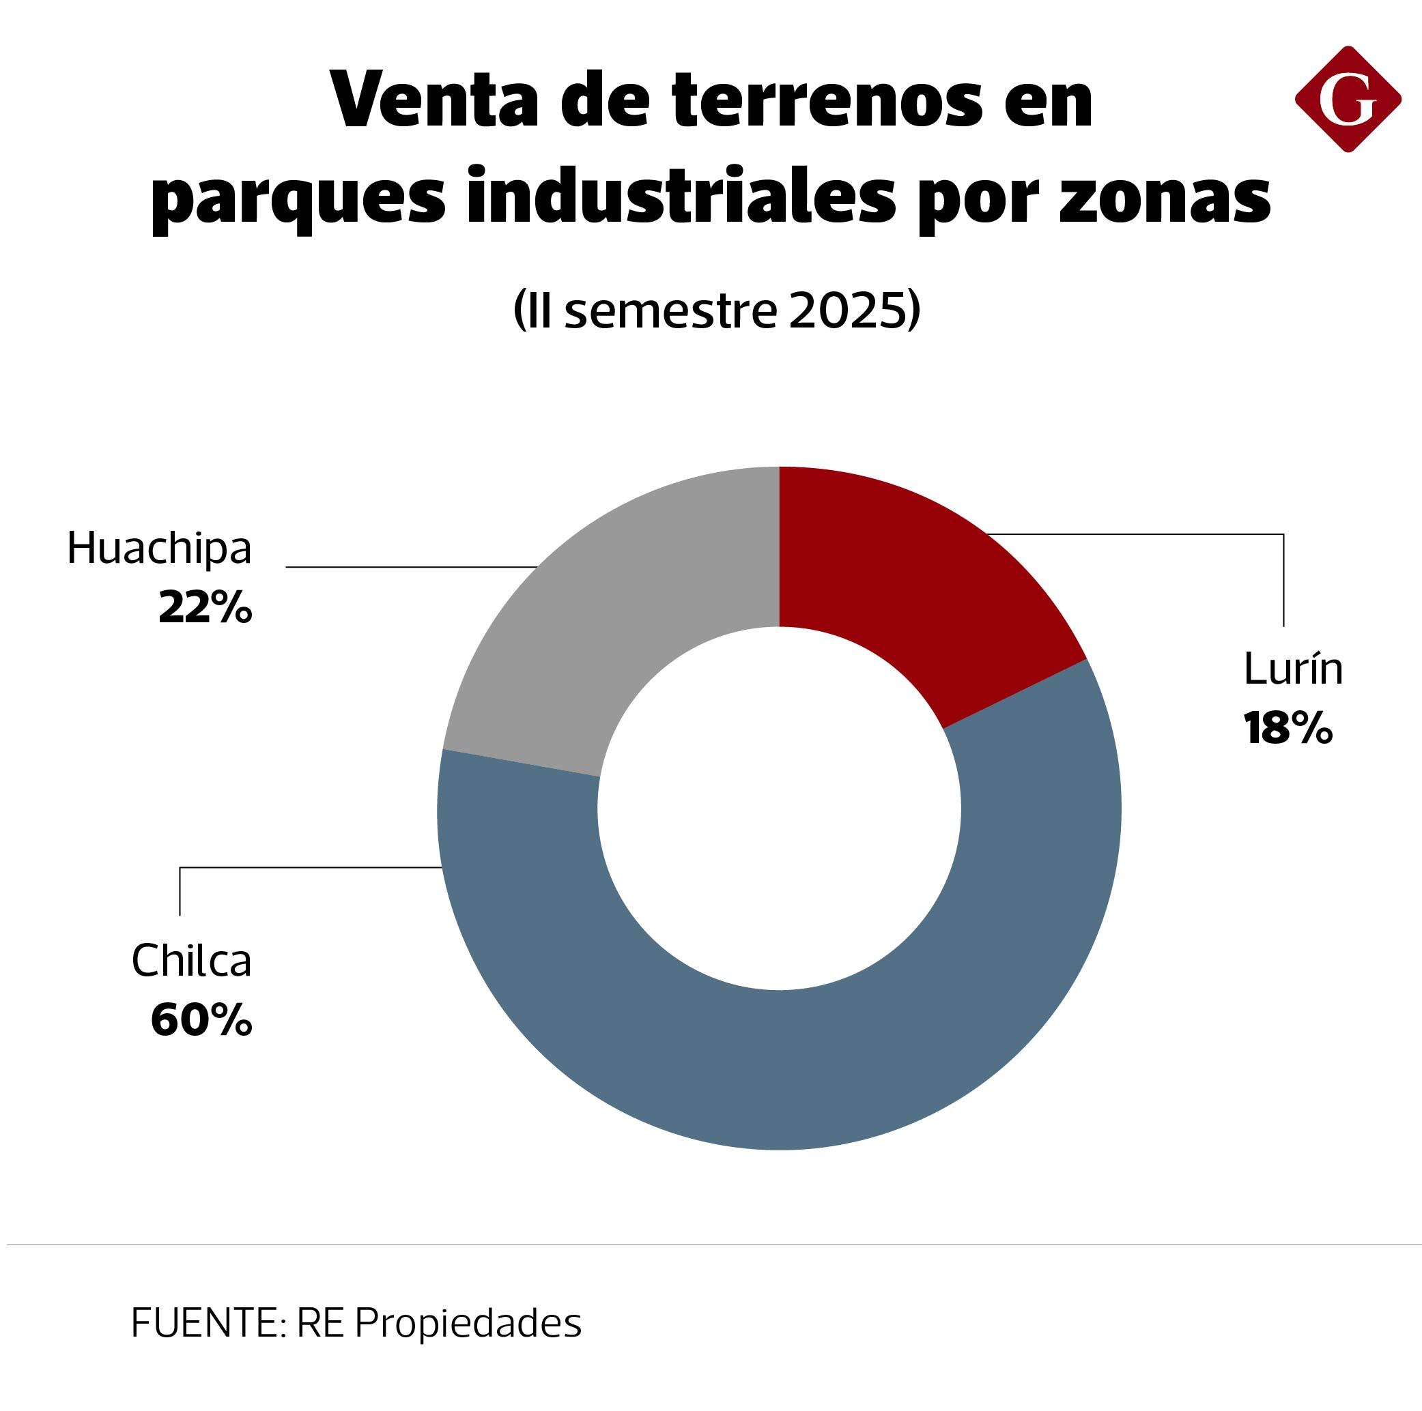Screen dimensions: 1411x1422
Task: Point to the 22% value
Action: tap(205, 609)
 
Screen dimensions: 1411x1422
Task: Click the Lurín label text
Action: tap(1293, 670)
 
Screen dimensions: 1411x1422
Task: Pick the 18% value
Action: tap(1288, 728)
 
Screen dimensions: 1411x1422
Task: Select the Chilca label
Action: tap(191, 961)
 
